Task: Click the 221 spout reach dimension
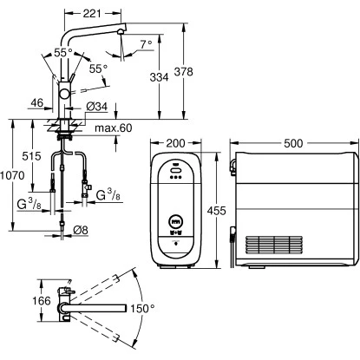tap(92, 13)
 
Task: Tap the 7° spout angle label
tap(147, 44)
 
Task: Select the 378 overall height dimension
tap(183, 72)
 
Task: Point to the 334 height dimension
tap(159, 77)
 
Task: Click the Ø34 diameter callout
tap(97, 107)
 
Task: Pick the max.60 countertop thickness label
tap(114, 128)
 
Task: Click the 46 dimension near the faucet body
tap(36, 102)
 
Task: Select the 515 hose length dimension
tap(31, 156)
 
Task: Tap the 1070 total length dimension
tap(12, 175)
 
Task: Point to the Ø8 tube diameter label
tap(81, 230)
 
